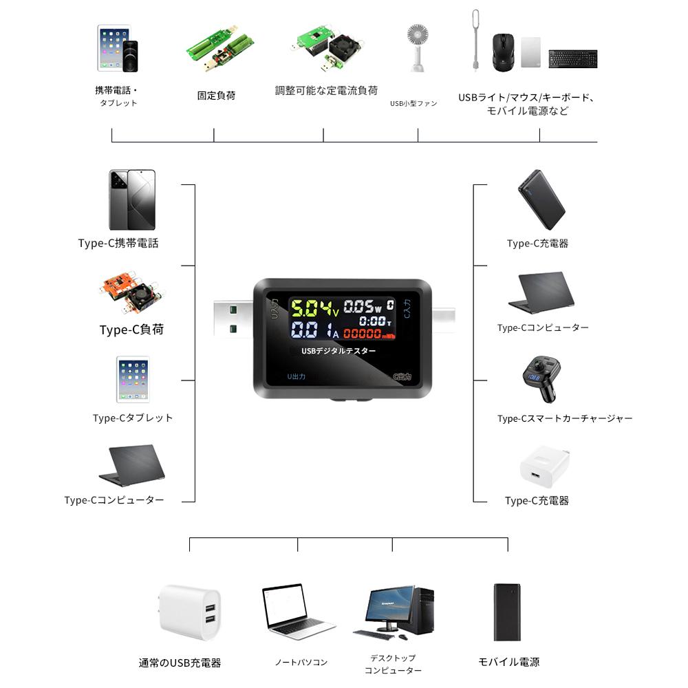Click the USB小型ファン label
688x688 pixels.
(413, 103)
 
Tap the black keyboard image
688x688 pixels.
(572, 59)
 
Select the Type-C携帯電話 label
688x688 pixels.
(118, 243)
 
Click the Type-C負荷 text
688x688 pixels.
(131, 330)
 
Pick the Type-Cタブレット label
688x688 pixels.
(133, 418)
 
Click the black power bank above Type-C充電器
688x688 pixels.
(541, 200)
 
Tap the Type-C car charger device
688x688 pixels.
(540, 380)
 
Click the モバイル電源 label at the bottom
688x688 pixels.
(508, 662)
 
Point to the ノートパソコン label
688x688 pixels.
(301, 663)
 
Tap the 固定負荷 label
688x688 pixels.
(216, 96)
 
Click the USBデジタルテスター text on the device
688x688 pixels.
(339, 351)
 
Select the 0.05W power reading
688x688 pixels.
(363, 305)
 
